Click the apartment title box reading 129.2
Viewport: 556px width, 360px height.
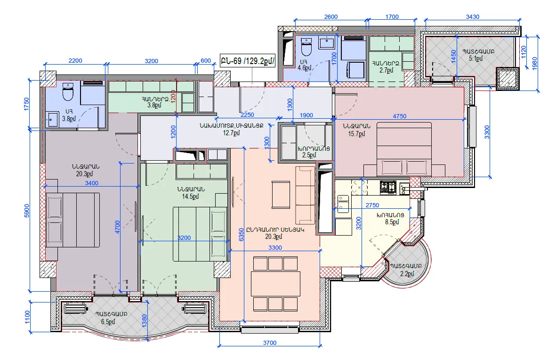tap(248, 61)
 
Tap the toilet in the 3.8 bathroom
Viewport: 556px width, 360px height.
tap(68, 91)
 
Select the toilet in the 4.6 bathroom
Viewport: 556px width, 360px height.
tap(306, 47)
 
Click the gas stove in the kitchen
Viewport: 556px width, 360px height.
tap(388, 187)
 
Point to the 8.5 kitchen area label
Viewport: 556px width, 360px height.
tap(392, 222)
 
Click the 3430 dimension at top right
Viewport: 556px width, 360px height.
tap(473, 16)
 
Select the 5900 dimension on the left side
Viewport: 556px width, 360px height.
tap(27, 211)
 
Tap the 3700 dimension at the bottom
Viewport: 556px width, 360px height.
tap(270, 343)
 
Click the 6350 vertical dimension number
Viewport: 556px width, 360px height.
tap(242, 235)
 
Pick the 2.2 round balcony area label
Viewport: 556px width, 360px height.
tap(407, 274)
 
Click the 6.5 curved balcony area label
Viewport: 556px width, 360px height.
tap(108, 322)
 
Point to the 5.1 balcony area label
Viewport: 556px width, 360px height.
tap(476, 58)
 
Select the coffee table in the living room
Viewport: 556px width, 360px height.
tap(281, 195)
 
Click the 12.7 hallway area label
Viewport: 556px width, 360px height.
tap(232, 133)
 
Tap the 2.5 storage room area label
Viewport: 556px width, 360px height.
tap(309, 155)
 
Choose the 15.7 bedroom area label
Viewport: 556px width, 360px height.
tap(357, 133)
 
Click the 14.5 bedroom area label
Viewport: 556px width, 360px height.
tap(190, 196)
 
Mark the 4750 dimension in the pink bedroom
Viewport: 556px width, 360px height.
tap(400, 116)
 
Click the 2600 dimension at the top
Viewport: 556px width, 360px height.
tap(331, 16)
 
